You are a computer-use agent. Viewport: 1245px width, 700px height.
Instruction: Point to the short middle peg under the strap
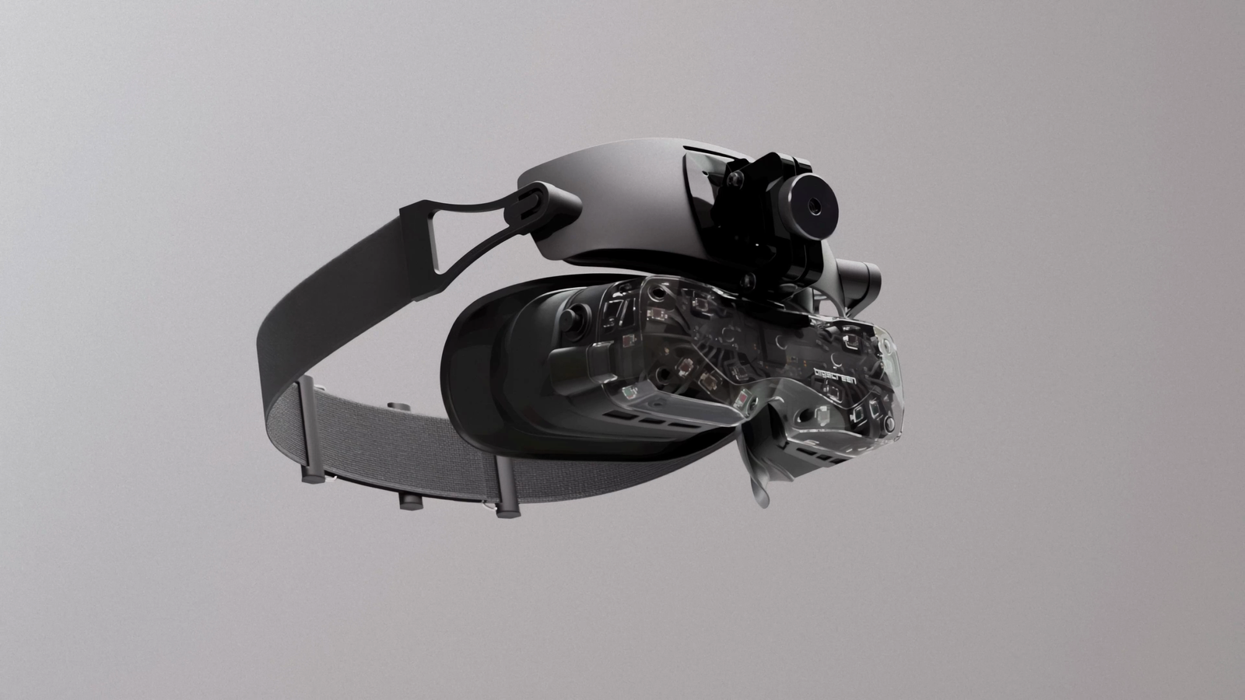[408, 500]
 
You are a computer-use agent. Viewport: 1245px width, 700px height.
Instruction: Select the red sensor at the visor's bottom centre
[743, 401]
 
